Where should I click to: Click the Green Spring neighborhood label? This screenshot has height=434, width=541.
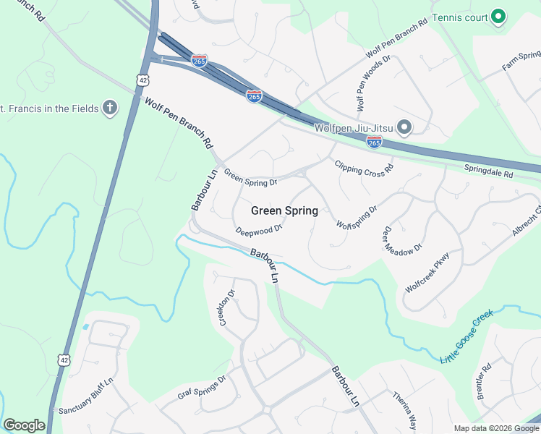284,211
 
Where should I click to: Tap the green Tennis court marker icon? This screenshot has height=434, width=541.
498,16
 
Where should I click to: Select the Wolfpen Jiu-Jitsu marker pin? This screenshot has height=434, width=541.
404,128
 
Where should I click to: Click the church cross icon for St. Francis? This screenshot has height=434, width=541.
110,109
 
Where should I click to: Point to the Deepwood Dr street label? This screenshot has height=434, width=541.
258,229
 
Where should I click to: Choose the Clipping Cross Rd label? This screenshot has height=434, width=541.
364,166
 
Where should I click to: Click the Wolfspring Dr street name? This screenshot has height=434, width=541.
357,217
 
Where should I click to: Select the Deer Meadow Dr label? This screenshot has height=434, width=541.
402,240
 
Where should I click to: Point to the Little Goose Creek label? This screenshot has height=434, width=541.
467,336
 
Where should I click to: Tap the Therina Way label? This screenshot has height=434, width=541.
404,410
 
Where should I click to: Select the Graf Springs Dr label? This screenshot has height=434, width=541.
202,387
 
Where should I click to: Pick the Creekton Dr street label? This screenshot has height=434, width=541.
227,308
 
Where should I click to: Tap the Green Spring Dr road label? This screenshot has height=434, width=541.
251,178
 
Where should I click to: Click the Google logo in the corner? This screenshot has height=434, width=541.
24,425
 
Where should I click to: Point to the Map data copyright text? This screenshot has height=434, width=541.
495,428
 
